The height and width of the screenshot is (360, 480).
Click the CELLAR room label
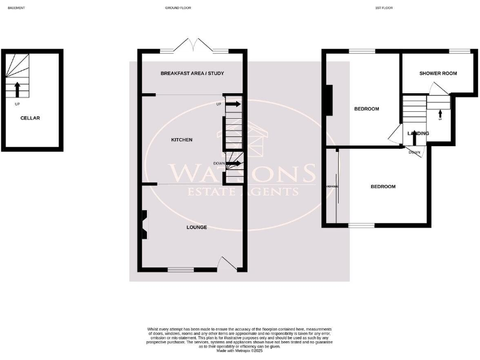click(30, 117)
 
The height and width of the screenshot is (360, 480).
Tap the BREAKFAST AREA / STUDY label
click(192, 74)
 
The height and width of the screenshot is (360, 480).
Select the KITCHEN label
click(182, 140)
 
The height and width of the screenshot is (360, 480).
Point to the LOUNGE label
click(196, 227)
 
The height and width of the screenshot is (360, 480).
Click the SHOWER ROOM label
click(437, 73)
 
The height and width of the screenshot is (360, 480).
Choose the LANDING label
click(418, 133)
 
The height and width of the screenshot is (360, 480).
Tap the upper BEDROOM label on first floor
click(366, 109)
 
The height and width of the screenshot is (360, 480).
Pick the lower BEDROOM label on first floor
click(382, 187)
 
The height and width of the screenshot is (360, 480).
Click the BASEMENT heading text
click(16, 8)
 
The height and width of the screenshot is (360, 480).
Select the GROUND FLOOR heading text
click(178, 8)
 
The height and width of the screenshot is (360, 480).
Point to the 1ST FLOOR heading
click(384, 8)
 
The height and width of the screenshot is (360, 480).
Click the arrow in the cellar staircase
click(17, 89)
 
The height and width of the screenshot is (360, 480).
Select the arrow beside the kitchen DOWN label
click(233, 164)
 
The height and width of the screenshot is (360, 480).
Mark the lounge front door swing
click(226, 263)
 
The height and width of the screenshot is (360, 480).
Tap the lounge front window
click(180, 270)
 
